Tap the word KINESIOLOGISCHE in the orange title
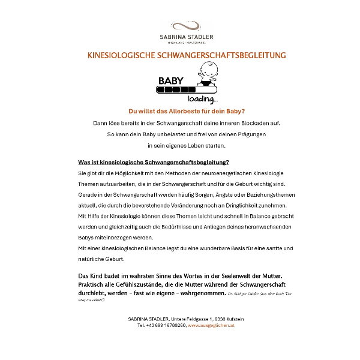click(121, 55)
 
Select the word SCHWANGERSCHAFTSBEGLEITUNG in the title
click(221, 55)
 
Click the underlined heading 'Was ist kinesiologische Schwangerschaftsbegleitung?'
click(154, 162)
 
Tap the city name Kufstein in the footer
click(231, 319)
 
